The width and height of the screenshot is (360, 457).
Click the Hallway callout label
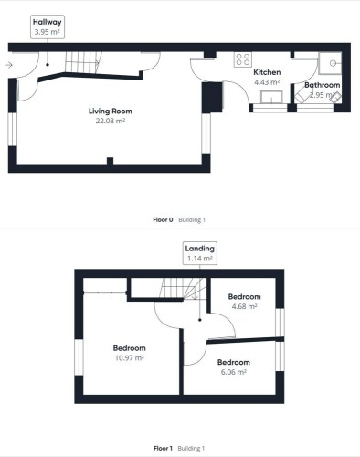[x=48, y=27]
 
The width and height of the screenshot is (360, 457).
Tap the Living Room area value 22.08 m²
[x=111, y=121]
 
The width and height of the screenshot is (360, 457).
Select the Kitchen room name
[x=267, y=72]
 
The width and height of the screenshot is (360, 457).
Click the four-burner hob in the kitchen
[x=243, y=59]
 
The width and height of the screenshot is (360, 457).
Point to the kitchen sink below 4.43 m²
[x=271, y=98]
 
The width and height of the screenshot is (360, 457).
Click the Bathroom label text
[x=323, y=85]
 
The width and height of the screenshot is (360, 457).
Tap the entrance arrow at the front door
[x=9, y=65]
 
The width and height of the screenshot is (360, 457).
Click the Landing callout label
[x=200, y=253]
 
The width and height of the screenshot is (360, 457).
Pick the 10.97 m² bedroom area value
[x=130, y=357]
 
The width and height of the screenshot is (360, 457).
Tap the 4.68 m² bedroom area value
[x=244, y=306]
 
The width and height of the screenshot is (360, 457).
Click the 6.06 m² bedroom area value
[x=234, y=372]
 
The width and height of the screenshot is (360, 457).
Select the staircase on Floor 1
[x=184, y=288]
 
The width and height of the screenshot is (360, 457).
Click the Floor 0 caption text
[x=163, y=219]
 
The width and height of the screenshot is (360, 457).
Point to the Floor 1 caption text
[x=163, y=448]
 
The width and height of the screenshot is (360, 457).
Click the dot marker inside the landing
[x=200, y=320]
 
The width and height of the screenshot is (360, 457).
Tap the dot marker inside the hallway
[x=48, y=65]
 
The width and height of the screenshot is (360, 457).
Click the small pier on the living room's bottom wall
[x=110, y=161]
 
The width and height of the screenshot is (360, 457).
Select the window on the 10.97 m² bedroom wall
[x=79, y=357]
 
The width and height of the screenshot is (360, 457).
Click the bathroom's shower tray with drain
[x=330, y=63]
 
